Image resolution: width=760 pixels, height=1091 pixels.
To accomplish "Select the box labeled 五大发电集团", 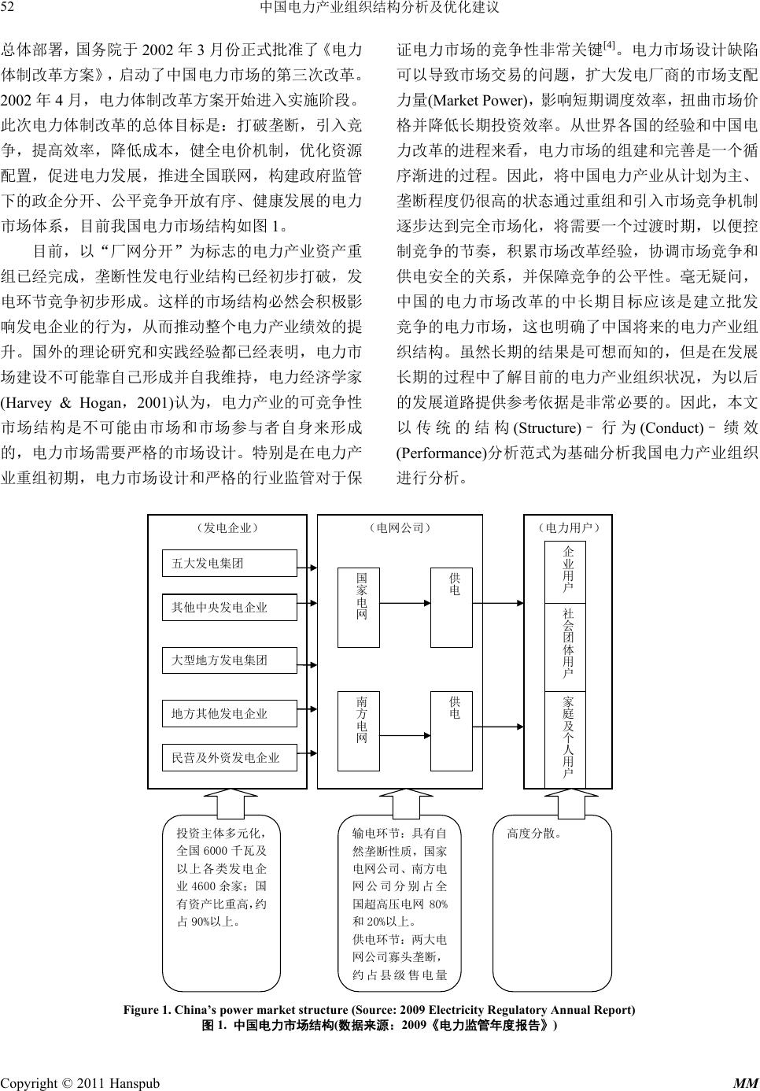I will click(x=229, y=564).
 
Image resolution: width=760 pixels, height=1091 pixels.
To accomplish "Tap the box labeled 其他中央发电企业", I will click(x=229, y=608).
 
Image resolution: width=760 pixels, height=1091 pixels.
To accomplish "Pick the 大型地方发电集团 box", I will click(x=229, y=660).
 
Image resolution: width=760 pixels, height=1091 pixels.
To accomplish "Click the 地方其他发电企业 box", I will click(x=229, y=714).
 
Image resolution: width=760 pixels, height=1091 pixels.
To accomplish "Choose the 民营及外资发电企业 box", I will click(x=229, y=758).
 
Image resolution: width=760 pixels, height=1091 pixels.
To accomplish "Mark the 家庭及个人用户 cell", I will click(x=568, y=738).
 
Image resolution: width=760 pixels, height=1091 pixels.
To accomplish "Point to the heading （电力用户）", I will click(x=568, y=527).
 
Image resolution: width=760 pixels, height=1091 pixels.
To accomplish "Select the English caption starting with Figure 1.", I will click(x=379, y=1010).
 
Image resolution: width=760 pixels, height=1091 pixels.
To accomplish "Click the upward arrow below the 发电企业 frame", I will click(x=227, y=801).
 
